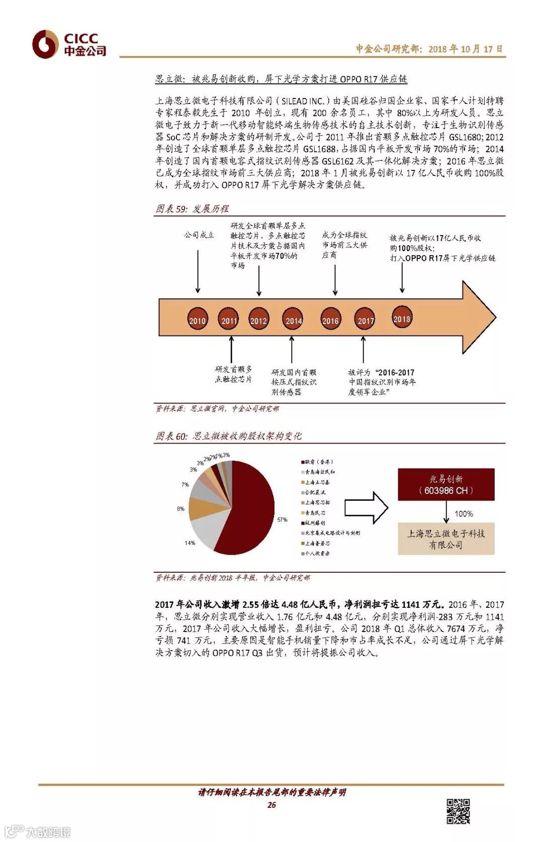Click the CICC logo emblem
[x=46, y=44]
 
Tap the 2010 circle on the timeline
[x=197, y=320]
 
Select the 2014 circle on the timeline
[x=294, y=320]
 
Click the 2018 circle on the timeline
[x=402, y=319]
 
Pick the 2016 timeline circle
[x=330, y=320]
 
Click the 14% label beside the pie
[x=190, y=543]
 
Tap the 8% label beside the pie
[x=180, y=509]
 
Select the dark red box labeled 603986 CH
[x=446, y=484]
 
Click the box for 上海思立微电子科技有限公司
[x=446, y=539]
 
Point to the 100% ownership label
[x=464, y=514]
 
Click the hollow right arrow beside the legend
[x=366, y=507]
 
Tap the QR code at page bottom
[x=458, y=811]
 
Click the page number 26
[x=271, y=805]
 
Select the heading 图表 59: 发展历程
[x=192, y=208]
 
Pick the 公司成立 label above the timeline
[x=199, y=235]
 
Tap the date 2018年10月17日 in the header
[x=465, y=49]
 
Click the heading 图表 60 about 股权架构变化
[x=229, y=436]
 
